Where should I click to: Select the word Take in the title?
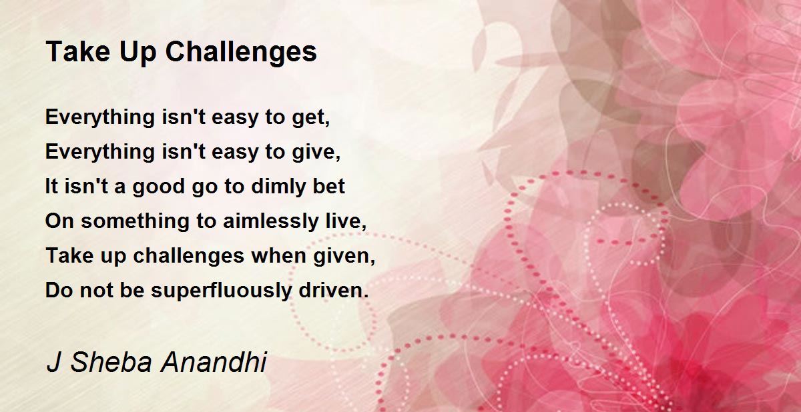[78, 51]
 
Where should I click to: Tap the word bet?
[328, 186]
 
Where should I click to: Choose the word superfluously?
[221, 291]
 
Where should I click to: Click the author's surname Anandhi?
[214, 362]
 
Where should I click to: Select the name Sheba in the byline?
[111, 362]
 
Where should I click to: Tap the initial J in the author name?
[53, 363]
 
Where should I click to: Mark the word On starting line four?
[59, 221]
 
